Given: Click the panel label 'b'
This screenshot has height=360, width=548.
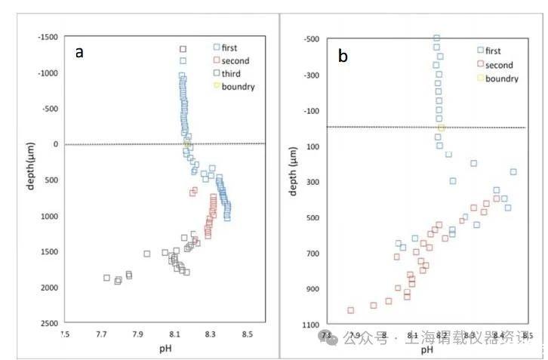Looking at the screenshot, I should (x=343, y=57).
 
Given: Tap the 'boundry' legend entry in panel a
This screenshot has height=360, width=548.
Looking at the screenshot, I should (x=236, y=86).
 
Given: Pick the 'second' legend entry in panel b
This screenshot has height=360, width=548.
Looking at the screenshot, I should (x=498, y=65).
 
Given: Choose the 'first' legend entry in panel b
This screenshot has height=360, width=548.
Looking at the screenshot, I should (x=493, y=51).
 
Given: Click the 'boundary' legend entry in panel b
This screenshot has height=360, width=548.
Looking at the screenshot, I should (x=500, y=78).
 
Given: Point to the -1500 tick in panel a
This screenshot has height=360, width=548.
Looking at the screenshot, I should (x=48, y=37).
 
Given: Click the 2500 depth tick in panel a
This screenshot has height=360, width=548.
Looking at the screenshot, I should (x=50, y=323).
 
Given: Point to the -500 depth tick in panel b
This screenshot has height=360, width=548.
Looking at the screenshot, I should (x=311, y=39).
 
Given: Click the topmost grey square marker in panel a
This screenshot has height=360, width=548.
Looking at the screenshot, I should (x=183, y=49).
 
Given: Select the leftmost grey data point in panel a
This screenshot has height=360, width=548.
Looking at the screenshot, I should (x=106, y=278).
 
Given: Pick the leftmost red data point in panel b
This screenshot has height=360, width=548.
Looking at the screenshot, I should (x=351, y=310).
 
